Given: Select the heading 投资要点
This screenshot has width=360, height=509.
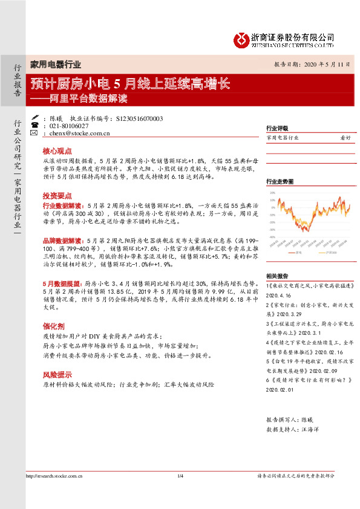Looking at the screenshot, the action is (x=57, y=196).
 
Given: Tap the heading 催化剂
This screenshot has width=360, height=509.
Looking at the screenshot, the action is (x=53, y=324).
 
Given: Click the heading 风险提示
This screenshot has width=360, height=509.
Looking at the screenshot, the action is (x=57, y=375).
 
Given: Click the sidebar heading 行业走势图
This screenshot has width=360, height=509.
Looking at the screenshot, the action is (x=280, y=181).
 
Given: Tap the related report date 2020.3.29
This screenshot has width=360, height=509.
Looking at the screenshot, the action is (x=281, y=315).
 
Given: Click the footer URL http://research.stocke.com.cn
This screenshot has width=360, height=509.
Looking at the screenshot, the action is (x=56, y=476).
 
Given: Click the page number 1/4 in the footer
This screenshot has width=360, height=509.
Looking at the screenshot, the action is (x=180, y=476).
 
